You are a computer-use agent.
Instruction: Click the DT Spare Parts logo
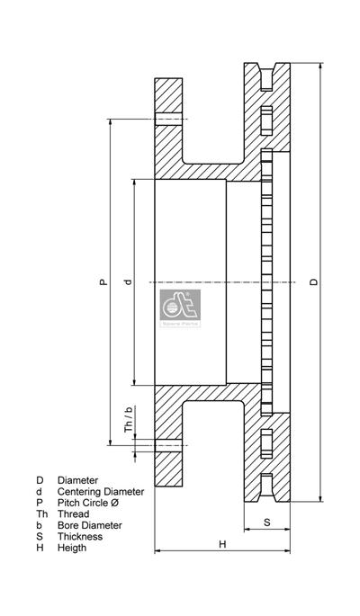pyautogui.click(x=181, y=305)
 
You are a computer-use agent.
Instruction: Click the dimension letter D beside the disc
pyautogui.click(x=313, y=282)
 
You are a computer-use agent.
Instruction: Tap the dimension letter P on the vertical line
pyautogui.click(x=103, y=282)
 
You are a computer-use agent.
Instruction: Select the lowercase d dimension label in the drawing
pyautogui.click(x=128, y=282)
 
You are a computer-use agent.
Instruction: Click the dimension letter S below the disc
pyautogui.click(x=267, y=522)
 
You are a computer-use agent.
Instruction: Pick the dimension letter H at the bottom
pyautogui.click(x=221, y=544)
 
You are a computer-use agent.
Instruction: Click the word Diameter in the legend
pyautogui.click(x=78, y=481)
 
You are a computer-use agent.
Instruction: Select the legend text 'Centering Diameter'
pyautogui.click(x=101, y=492)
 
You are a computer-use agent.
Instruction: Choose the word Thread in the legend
pyautogui.click(x=74, y=514)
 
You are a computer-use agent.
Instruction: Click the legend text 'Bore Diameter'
pyautogui.click(x=90, y=525)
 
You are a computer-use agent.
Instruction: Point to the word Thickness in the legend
pyautogui.click(x=80, y=537)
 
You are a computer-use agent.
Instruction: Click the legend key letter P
pyautogui.click(x=39, y=504)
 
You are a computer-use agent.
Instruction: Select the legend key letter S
pyautogui.click(x=39, y=537)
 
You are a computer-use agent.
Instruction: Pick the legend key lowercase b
pyautogui.click(x=39, y=525)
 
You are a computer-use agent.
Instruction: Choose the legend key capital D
pyautogui.click(x=40, y=481)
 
